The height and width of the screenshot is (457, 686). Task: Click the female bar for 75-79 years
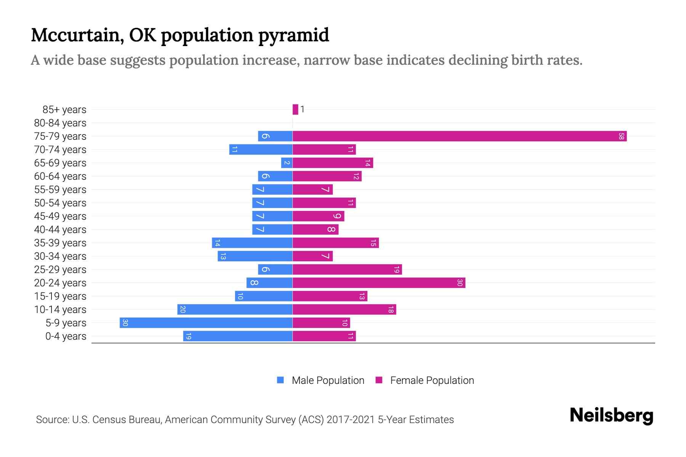(459, 136)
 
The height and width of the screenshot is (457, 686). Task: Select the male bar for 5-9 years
(206, 323)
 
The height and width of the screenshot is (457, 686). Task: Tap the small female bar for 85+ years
(295, 109)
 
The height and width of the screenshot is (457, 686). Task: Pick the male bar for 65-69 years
(287, 163)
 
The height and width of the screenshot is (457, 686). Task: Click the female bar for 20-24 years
(379, 283)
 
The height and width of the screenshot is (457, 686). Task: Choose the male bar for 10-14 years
(235, 309)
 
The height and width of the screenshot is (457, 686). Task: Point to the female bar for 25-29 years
(347, 269)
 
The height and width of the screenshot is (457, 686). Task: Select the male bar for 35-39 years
(252, 243)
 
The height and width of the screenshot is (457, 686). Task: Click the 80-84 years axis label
(60, 123)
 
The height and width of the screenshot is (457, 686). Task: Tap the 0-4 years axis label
(66, 336)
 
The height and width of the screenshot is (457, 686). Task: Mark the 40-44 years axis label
(60, 229)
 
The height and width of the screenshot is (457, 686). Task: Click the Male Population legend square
(280, 380)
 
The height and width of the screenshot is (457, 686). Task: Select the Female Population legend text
(432, 380)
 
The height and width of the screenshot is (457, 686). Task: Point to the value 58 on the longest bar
(621, 136)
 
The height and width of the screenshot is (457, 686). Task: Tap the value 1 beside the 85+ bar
(302, 109)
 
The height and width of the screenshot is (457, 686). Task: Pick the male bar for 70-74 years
(261, 149)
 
